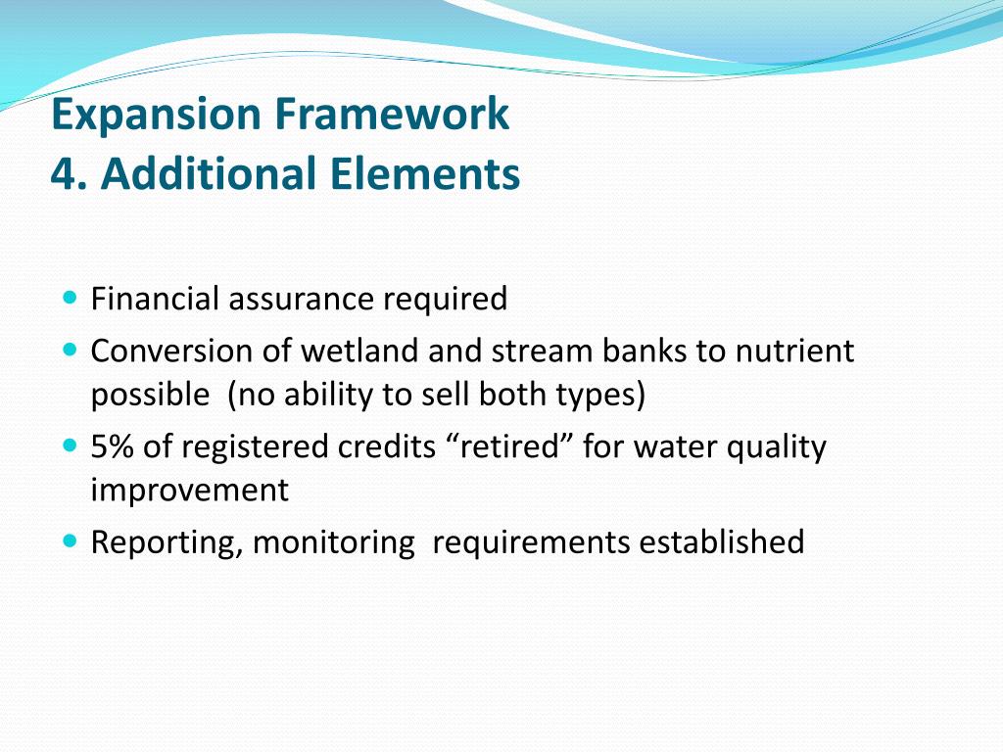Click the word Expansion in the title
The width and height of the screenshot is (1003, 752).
(x=156, y=117)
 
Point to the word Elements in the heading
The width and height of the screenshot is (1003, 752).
(x=425, y=173)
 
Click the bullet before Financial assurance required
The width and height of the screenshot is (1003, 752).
(x=71, y=298)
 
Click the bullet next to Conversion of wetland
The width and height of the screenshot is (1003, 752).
(x=71, y=350)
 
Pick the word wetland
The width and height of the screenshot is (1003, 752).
(x=359, y=352)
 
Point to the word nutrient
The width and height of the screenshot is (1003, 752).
(x=794, y=352)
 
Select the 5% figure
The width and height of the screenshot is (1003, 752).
(x=113, y=446)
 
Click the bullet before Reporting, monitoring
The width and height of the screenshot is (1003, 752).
(x=71, y=541)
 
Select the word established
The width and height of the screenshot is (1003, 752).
(x=722, y=542)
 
